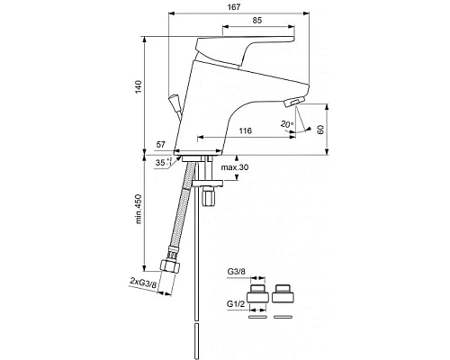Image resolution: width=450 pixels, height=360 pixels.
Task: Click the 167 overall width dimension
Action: [x=234, y=7]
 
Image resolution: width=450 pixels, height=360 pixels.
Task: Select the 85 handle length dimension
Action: [x=257, y=20]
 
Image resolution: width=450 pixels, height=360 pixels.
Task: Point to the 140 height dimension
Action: [x=138, y=87]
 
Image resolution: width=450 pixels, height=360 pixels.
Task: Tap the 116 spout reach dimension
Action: [x=246, y=130]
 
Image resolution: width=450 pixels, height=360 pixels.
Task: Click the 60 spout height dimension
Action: [x=320, y=130]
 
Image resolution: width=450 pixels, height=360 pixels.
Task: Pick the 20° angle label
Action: [x=287, y=124]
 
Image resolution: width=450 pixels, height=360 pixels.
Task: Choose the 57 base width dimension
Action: [x=161, y=145]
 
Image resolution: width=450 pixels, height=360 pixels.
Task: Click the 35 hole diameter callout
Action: [x=164, y=162]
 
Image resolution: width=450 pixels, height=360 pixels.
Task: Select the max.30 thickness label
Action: [x=235, y=167]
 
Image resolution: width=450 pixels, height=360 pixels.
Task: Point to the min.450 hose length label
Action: [x=139, y=209]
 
